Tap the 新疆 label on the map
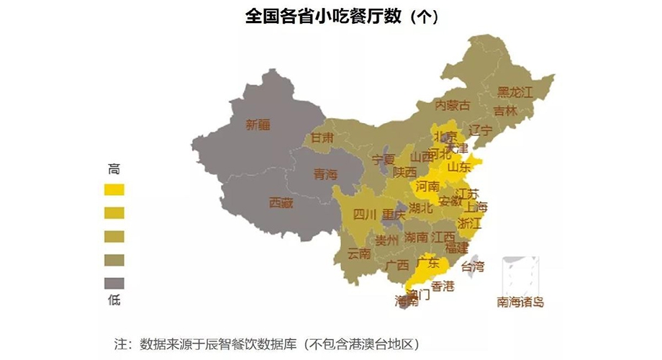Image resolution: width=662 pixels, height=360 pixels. pos(258,125)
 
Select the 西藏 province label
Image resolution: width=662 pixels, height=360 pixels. pos(281,203)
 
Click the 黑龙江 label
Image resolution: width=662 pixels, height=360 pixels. pos(514,92)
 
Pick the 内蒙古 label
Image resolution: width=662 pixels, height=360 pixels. pos(453,105)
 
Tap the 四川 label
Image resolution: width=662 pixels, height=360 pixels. pos(365,214)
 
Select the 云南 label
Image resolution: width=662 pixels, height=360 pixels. pos(359,253)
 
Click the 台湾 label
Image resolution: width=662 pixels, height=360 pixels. pos(472,266)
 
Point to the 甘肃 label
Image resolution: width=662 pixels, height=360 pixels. pos(322,137)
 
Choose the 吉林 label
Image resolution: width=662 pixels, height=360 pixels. pos(505,112)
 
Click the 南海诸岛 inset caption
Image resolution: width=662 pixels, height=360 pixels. pos(520,301)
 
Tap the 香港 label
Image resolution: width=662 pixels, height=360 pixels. pos(443,286)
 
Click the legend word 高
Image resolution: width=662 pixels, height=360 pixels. pos(114,170)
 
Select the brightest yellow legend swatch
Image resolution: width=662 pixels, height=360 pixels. pos(114,189)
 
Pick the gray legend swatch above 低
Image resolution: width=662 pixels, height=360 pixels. pos(114,282)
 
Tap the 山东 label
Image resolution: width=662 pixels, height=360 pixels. pos(459,167)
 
